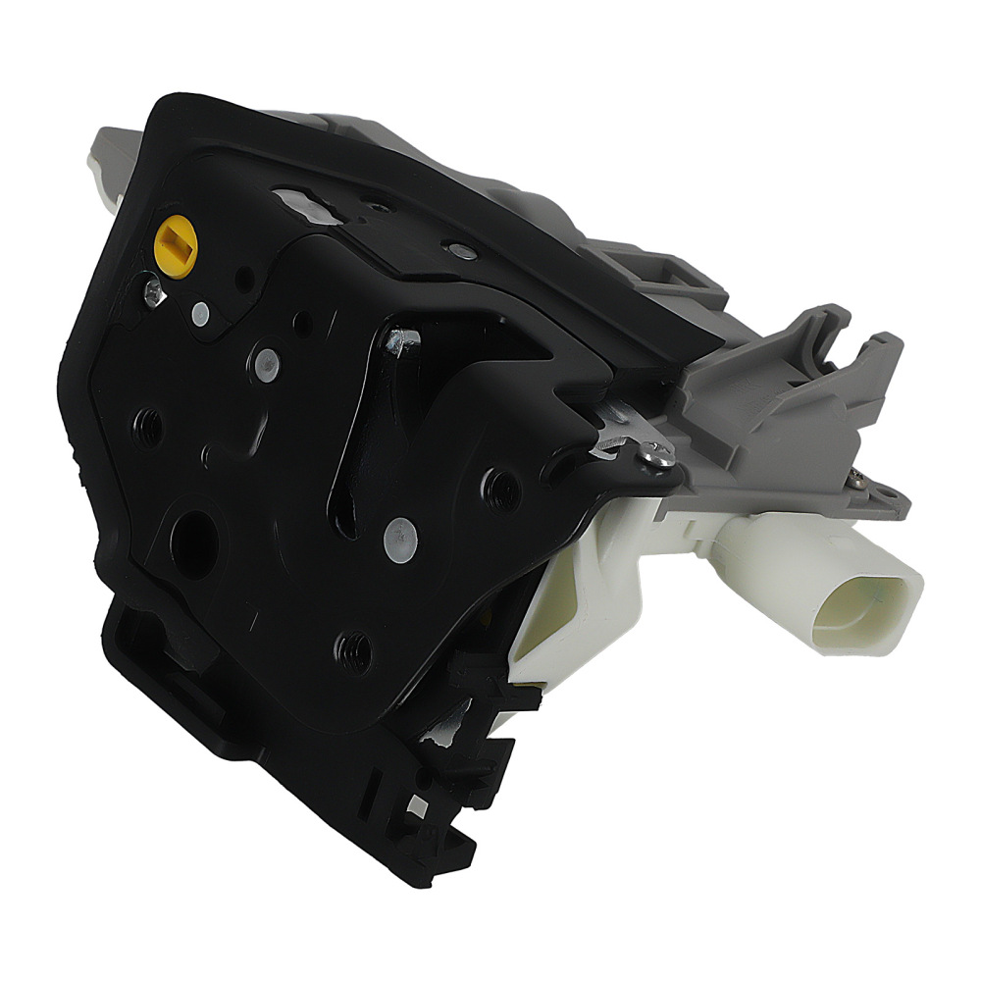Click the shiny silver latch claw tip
[402, 340]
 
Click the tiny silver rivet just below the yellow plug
[200, 313]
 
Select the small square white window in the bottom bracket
[417, 806]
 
